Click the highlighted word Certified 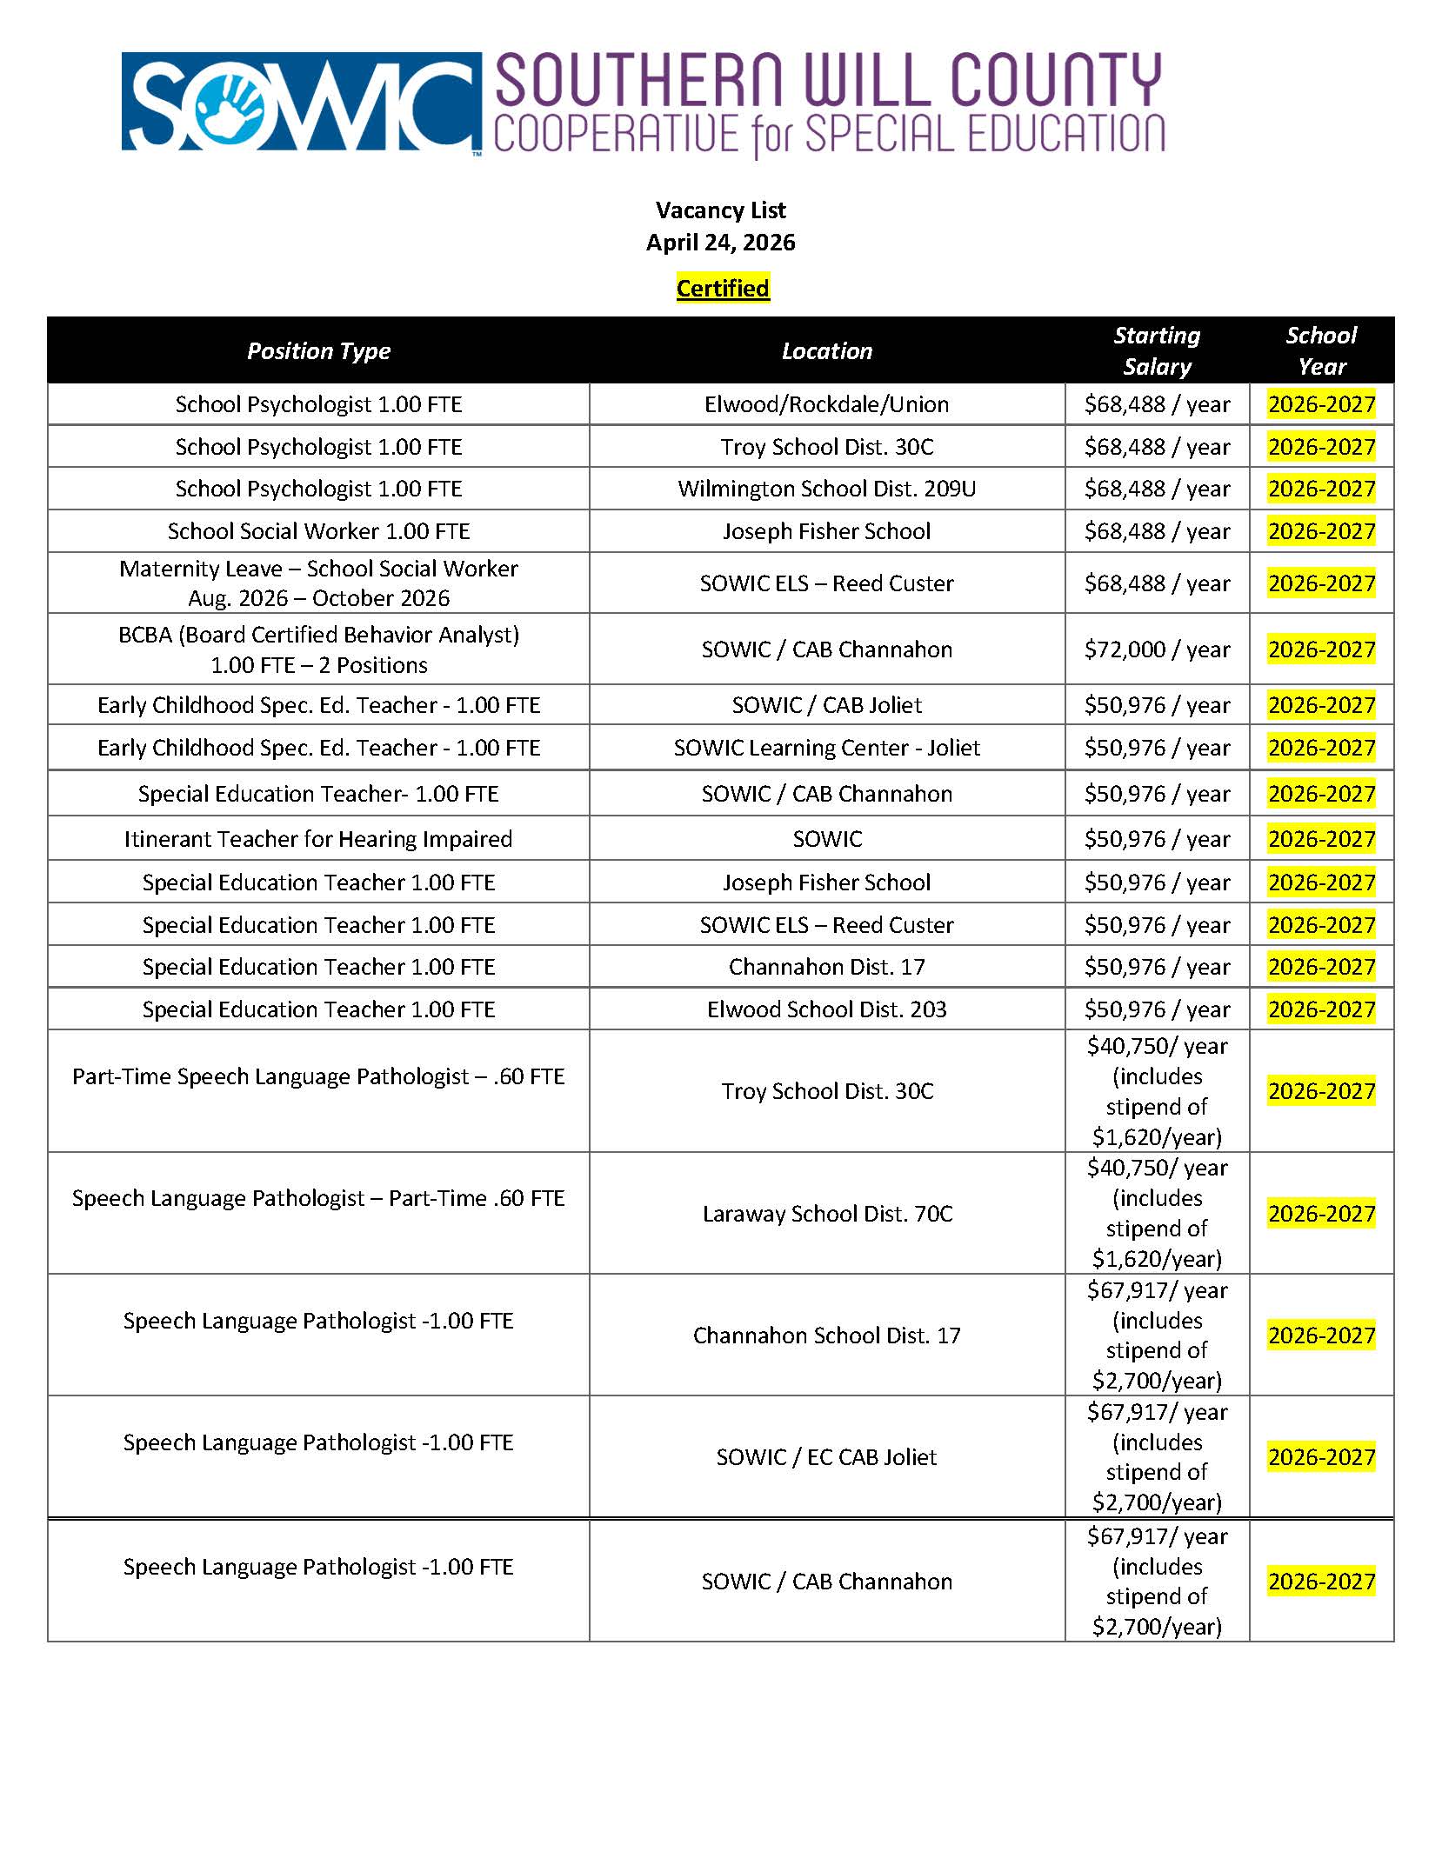(x=722, y=289)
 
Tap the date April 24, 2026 (x=720, y=243)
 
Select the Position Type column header (x=318, y=351)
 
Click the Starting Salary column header (x=1156, y=351)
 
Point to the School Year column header (x=1320, y=351)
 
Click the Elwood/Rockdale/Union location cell (x=826, y=404)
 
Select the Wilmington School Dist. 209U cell (x=826, y=489)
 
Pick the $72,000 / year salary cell (x=1156, y=649)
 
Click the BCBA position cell (x=318, y=649)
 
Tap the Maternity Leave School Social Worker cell (x=318, y=583)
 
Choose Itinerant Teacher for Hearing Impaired (x=318, y=839)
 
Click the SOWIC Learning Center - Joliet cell (x=826, y=748)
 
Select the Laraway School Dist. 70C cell (x=826, y=1214)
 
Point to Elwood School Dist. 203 (x=826, y=1009)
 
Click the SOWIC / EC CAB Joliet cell (x=826, y=1457)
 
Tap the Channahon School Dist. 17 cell (x=826, y=1335)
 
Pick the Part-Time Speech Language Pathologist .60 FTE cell (x=318, y=1076)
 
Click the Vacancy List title (x=720, y=210)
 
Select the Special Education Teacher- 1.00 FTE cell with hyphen (x=318, y=794)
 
